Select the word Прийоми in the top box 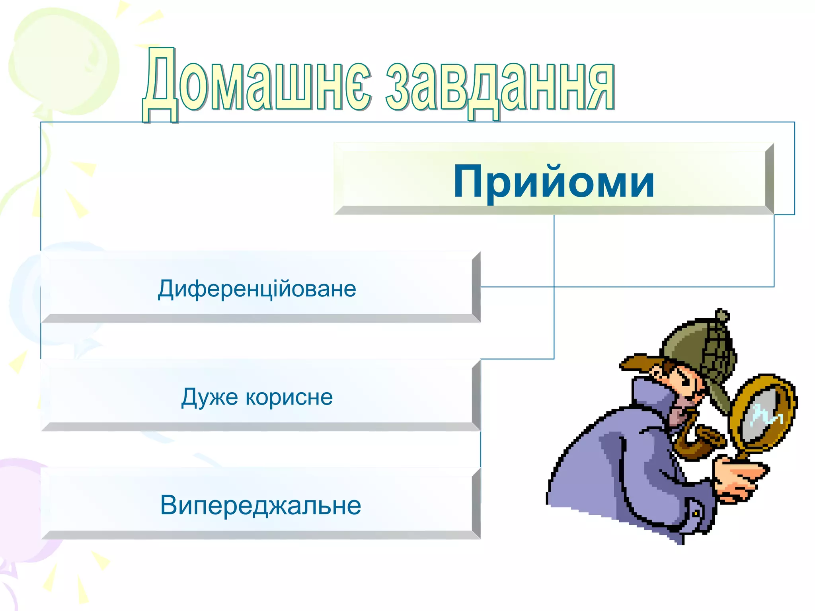pos(554,181)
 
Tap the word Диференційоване pos(257,289)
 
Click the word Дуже pos(209,397)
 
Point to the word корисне pos(289,397)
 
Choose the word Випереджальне pos(261,505)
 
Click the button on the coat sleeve pos(695,514)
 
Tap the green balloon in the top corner pos(64,60)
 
